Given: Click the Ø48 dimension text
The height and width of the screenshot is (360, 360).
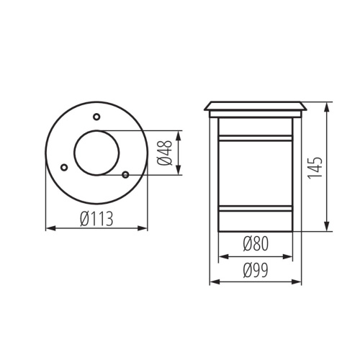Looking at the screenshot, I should [x=166, y=153].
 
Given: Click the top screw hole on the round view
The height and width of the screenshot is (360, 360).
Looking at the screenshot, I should [x=96, y=117].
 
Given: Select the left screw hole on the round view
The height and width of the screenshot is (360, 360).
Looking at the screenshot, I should [x=63, y=167].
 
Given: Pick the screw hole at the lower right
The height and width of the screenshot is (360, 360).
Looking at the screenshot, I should [x=125, y=174].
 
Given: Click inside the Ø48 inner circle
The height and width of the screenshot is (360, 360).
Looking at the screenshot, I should [x=96, y=153].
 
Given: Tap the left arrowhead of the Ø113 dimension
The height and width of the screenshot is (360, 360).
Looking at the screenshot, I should [x=49, y=229].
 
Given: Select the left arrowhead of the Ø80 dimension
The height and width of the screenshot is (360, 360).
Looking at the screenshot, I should [x=221, y=256].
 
